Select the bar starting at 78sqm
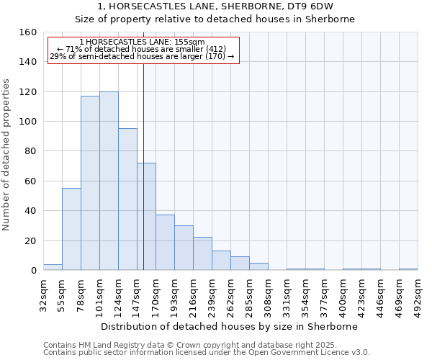90,183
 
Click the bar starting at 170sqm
165,243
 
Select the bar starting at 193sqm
184,248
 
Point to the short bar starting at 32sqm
53,267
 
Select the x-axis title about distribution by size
229,326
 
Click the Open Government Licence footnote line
206,352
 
